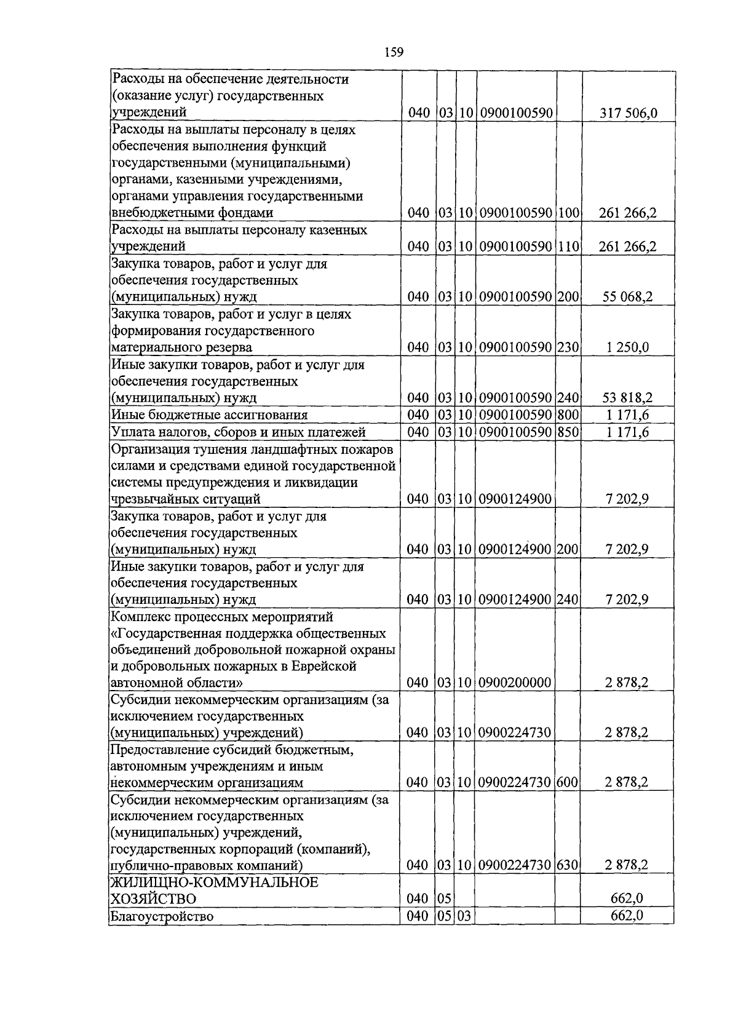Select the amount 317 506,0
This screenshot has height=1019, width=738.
[627, 113]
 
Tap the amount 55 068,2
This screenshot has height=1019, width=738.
[627, 297]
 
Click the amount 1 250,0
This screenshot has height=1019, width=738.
[627, 347]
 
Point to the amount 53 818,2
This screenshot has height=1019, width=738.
[627, 398]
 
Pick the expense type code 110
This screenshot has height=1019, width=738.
[569, 247]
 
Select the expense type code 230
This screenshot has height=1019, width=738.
[569, 347]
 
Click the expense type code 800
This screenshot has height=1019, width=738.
[569, 415]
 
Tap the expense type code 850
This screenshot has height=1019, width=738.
[569, 432]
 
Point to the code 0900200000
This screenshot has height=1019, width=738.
[514, 683]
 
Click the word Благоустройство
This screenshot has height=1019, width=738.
[162, 917]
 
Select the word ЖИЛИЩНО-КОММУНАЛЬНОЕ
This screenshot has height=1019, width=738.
[215, 882]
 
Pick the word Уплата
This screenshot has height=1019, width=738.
[131, 432]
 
